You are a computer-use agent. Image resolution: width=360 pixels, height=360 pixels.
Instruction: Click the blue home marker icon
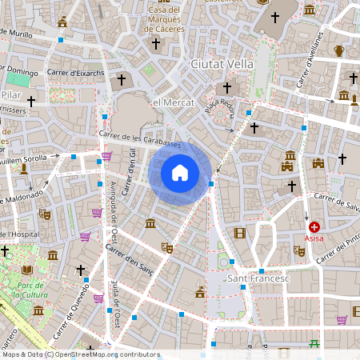(180, 173)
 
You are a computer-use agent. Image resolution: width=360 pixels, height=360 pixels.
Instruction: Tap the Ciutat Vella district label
(222, 63)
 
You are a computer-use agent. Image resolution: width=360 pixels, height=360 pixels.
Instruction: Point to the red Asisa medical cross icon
(314, 227)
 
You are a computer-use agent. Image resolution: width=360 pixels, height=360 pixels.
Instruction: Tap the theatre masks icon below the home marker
(167, 248)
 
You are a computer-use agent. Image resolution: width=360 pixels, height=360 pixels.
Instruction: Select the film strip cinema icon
(240, 233)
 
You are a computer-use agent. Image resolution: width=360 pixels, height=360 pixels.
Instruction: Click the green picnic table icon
(314, 344)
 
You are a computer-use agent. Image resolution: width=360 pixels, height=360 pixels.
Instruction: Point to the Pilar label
(10, 94)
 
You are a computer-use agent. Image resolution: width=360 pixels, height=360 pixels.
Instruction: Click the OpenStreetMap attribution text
(80, 354)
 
